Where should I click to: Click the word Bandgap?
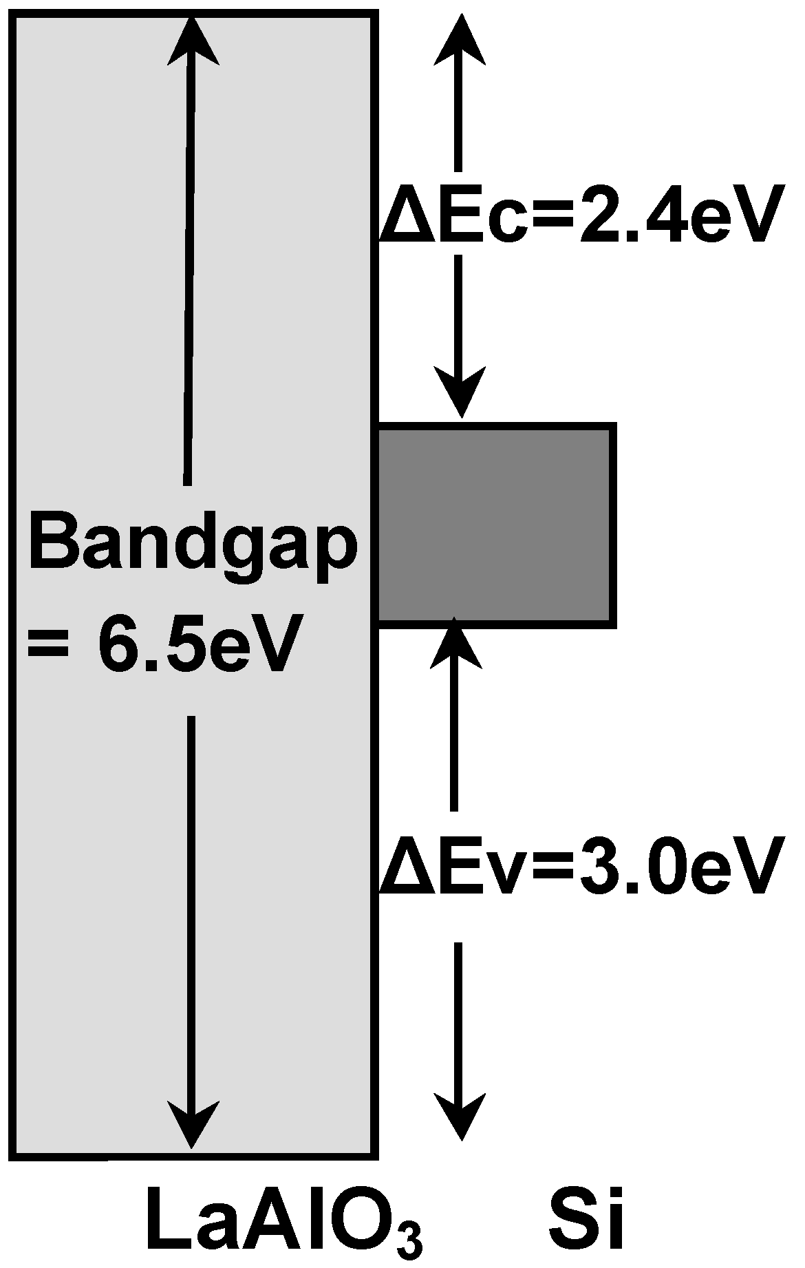point(193,547)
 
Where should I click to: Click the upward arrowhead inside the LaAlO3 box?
point(193,41)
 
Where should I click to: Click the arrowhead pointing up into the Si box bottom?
point(454,644)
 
